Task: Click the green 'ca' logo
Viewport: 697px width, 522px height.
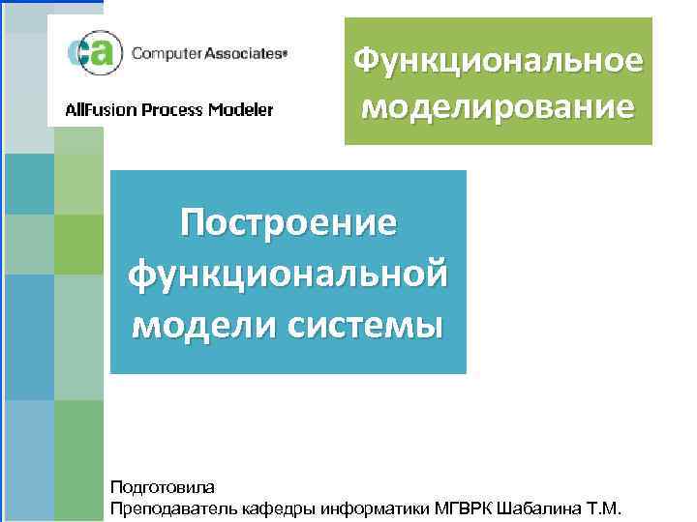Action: (90, 54)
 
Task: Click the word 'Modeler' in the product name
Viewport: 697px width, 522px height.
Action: (239, 109)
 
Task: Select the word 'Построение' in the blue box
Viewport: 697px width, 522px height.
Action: (288, 221)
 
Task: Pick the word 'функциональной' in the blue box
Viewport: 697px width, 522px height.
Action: (288, 273)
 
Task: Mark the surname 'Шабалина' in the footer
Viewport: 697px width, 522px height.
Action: (541, 507)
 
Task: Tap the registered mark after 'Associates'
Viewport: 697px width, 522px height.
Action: (285, 55)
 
